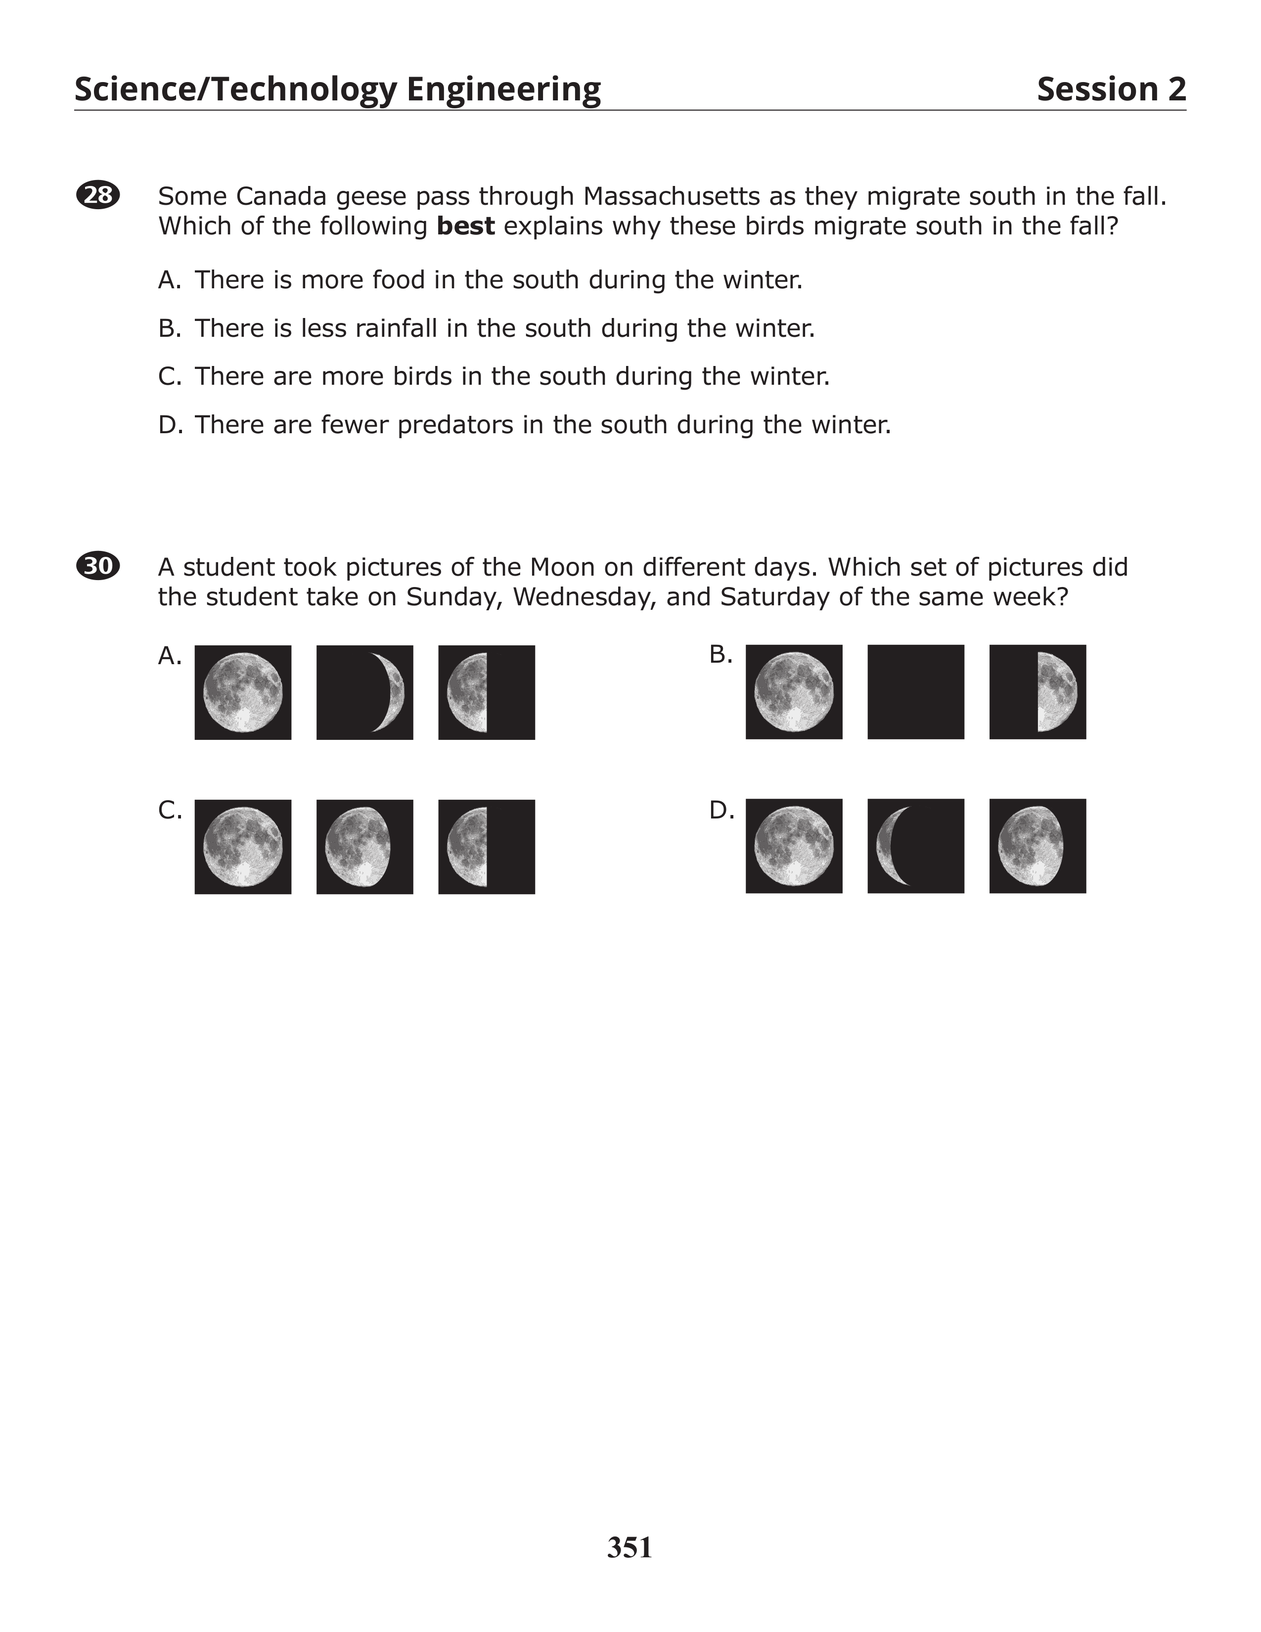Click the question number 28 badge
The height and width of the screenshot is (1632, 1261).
click(x=98, y=195)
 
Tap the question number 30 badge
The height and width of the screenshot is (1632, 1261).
click(x=98, y=566)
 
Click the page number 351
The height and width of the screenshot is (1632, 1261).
click(x=630, y=1547)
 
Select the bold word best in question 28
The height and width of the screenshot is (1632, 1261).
click(x=465, y=226)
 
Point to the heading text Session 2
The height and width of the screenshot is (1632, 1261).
click(x=1111, y=89)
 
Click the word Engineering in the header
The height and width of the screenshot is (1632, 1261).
click(x=503, y=89)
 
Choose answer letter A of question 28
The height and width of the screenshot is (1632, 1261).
click(x=169, y=280)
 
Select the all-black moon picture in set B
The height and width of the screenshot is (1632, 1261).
click(x=916, y=692)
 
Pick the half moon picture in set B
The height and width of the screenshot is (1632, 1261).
click(x=1037, y=692)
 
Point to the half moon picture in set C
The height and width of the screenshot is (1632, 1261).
click(x=486, y=847)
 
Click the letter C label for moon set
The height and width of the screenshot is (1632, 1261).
click(x=170, y=810)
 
